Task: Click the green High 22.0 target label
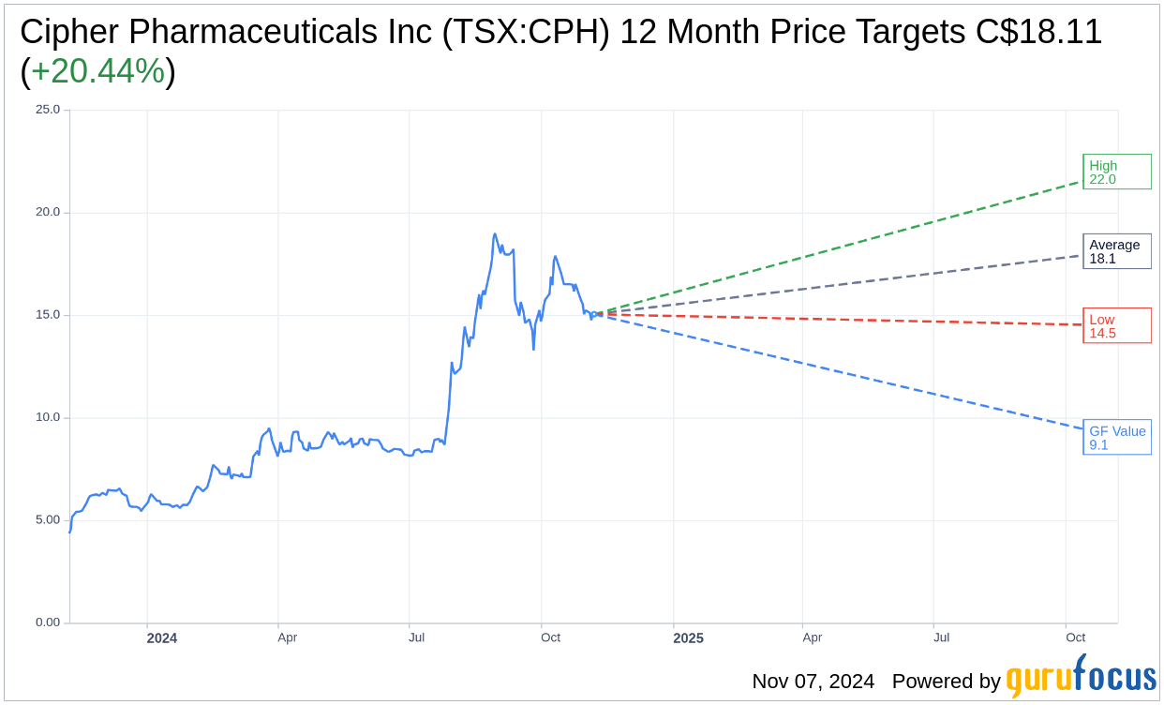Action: [x=1116, y=172]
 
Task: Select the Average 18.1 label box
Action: [x=1116, y=251]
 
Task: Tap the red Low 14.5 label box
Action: [x=1116, y=325]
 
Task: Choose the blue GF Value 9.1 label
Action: [x=1116, y=437]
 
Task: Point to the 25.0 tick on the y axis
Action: [x=48, y=109]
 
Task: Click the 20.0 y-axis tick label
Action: [x=48, y=212]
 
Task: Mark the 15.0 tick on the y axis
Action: [x=48, y=314]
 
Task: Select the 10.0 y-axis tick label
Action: [x=48, y=417]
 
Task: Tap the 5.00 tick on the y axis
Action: [x=48, y=519]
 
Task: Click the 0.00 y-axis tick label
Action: [x=48, y=622]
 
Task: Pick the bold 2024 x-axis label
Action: [x=162, y=638]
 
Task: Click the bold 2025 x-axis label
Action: [x=688, y=638]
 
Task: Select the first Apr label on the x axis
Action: [x=287, y=637]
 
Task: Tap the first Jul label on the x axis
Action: [x=416, y=637]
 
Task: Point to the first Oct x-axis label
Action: [x=550, y=637]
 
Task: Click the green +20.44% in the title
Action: [x=97, y=71]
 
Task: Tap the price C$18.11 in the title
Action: [x=1038, y=32]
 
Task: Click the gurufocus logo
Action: [x=1081, y=677]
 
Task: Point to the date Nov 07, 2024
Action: [x=813, y=682]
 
